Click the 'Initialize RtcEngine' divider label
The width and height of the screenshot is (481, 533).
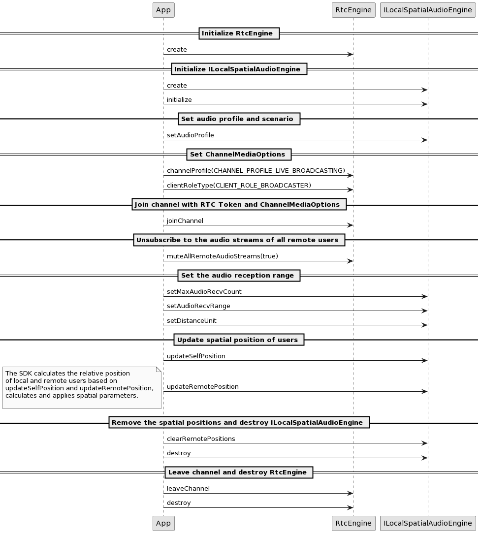[x=239, y=33]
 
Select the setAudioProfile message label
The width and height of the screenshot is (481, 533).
[x=190, y=135]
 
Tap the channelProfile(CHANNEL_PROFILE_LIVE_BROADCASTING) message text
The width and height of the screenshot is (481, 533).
[x=256, y=171]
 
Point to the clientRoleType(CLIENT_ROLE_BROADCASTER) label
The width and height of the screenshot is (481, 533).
[x=239, y=185]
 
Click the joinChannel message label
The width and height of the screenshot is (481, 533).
[x=185, y=220]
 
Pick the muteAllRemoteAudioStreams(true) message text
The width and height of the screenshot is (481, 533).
[x=222, y=256]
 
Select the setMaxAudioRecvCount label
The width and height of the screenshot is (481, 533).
[x=204, y=291]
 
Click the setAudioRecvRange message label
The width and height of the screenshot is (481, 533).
[x=198, y=306]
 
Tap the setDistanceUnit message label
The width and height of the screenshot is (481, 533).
[x=192, y=320]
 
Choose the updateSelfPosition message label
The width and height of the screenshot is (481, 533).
[x=196, y=356]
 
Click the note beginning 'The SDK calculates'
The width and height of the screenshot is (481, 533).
[x=82, y=387]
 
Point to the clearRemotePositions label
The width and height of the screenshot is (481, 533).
[x=201, y=439]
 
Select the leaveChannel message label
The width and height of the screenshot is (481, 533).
[x=188, y=488]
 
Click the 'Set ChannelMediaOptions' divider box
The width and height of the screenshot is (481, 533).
[x=239, y=155]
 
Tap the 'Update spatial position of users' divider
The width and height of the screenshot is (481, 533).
[x=239, y=340]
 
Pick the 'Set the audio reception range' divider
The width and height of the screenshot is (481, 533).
[x=239, y=276]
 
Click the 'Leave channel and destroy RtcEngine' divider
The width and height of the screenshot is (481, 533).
[x=239, y=472]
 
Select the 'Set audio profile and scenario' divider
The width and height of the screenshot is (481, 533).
[x=239, y=119]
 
